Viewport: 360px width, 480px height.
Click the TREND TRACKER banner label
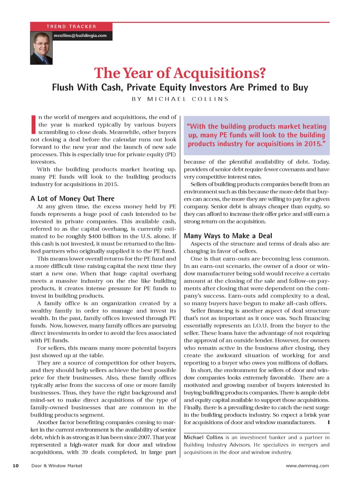[71, 27]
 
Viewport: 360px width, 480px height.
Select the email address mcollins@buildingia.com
[80, 36]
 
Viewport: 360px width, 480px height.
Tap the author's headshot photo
[41, 48]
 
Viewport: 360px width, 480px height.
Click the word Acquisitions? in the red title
[219, 73]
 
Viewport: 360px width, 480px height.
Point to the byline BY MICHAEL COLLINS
[180, 99]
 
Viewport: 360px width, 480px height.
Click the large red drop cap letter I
[34, 124]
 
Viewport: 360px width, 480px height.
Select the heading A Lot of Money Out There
[72, 199]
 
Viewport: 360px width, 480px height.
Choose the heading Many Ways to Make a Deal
[228, 236]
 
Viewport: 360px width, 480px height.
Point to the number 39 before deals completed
[85, 452]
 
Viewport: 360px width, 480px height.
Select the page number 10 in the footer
[16, 466]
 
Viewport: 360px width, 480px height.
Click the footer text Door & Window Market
[57, 466]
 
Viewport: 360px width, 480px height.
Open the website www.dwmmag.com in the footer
[308, 466]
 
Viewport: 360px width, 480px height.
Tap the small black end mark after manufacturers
[328, 422]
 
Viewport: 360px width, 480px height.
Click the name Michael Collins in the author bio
[203, 437]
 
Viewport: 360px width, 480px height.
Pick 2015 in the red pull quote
[312, 143]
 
